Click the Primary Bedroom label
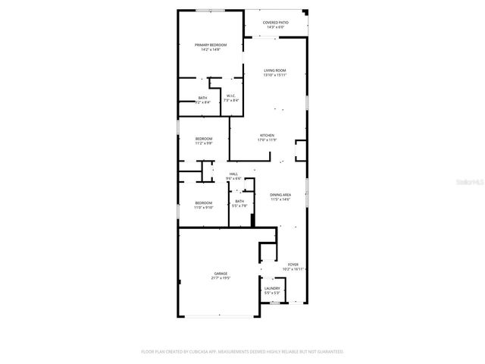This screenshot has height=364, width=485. point(211,45)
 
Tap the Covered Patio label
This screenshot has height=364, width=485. point(275,23)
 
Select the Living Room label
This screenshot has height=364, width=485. point(274,71)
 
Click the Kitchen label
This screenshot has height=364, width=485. point(268,135)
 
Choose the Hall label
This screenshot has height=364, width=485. point(234,174)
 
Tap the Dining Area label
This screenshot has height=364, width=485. point(281,195)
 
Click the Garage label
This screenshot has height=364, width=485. point(221,274)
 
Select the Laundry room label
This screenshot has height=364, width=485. point(273,288)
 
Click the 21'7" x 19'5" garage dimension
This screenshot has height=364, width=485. point(221,278)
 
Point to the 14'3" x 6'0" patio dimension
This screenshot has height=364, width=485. point(275,27)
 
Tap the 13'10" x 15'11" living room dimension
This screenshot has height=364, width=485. point(274,75)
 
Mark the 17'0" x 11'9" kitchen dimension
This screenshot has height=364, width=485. point(268,140)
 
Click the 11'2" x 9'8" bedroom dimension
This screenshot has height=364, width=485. point(204,143)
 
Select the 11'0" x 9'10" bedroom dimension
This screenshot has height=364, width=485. point(204,206)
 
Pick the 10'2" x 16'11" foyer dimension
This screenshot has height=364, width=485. point(293,269)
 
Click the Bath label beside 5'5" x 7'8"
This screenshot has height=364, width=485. point(239,201)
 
